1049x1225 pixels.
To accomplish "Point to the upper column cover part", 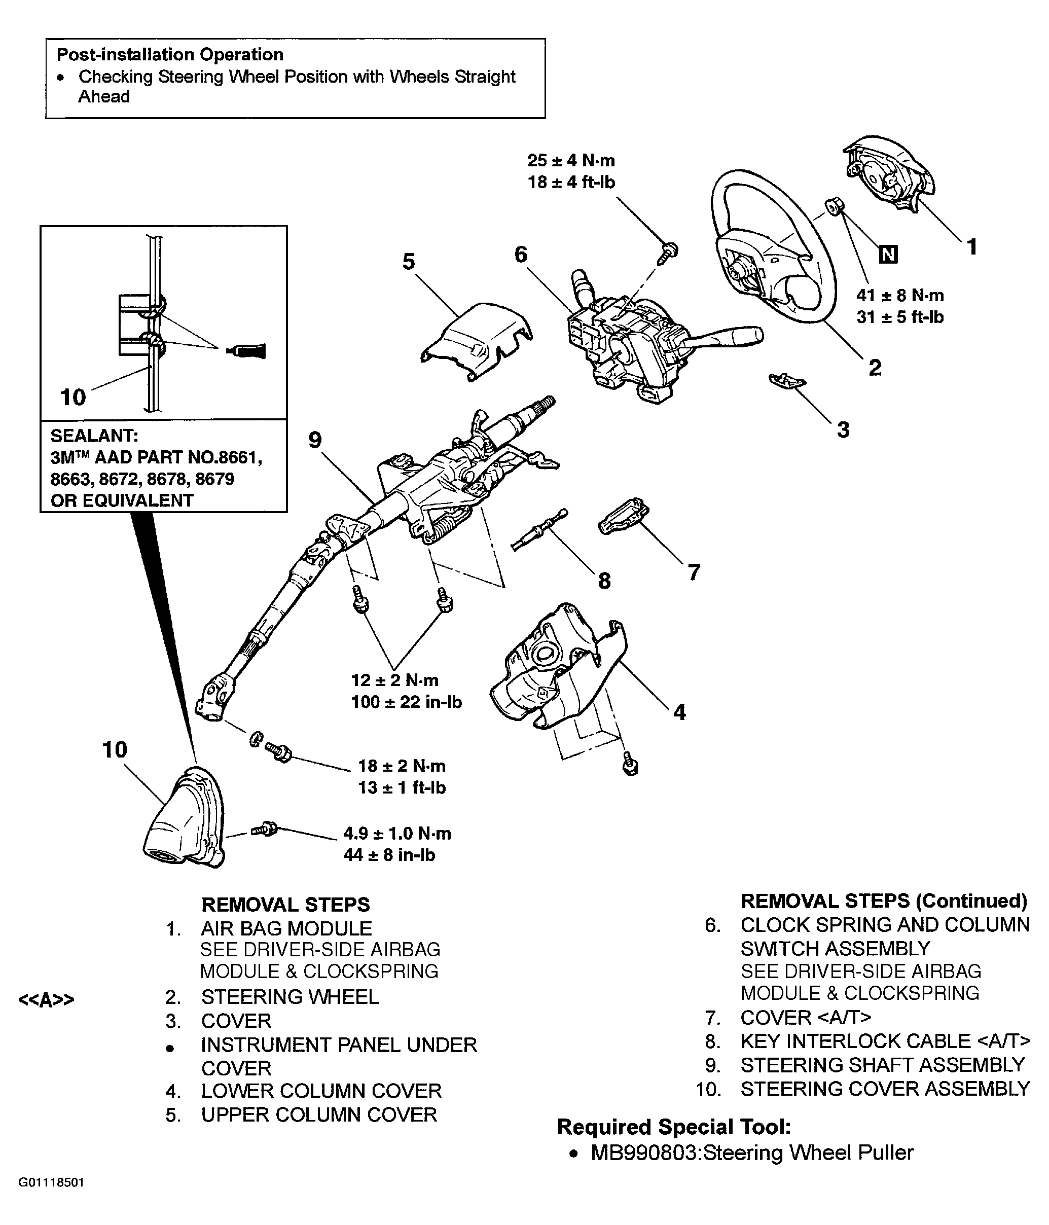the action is [476, 340].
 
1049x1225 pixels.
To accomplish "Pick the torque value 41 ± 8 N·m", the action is [900, 295].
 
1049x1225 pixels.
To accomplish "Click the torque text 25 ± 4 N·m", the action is [571, 160].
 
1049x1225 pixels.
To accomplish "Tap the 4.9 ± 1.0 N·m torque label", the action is [397, 833].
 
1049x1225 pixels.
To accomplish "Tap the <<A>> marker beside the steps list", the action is [47, 1000].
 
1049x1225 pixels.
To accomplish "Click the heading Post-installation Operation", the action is [170, 54].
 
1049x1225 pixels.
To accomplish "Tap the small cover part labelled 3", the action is [787, 381].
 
